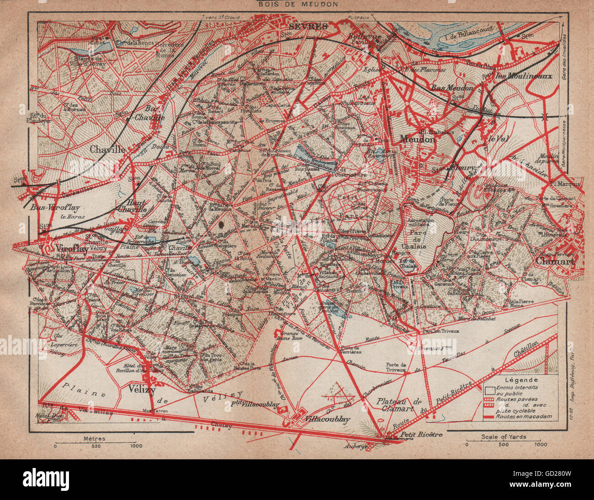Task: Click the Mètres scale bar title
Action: (95, 438)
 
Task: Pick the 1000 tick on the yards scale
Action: (540, 444)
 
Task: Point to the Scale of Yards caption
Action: (503, 437)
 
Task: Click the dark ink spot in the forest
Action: (222, 224)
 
